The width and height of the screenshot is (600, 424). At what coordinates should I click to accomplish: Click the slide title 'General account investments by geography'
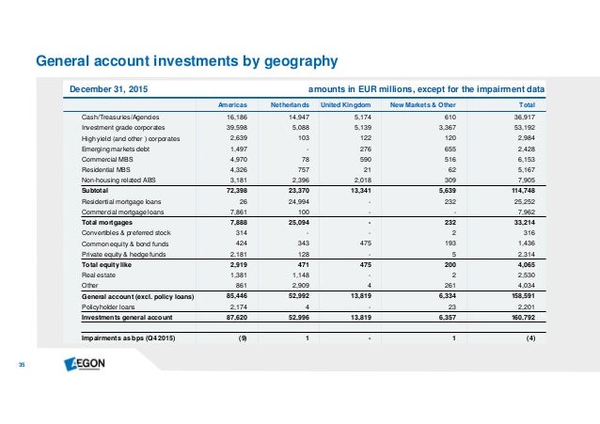pos(187,61)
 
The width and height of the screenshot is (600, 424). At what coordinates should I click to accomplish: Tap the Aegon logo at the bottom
pos(85,364)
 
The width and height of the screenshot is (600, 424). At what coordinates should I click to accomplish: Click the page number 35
pos(22,365)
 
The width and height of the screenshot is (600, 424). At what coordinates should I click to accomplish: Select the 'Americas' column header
pos(232,105)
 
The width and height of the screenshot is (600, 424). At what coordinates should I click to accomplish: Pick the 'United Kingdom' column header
pos(345,105)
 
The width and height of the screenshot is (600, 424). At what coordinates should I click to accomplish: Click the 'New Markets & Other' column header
pos(423,105)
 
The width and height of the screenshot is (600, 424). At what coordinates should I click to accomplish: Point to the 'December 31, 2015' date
pos(109,89)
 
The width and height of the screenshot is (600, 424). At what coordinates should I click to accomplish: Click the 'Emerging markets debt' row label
pos(115,149)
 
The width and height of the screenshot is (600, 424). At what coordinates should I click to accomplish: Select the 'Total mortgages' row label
pos(107,222)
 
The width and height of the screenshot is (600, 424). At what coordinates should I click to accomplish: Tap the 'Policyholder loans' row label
pos(108,306)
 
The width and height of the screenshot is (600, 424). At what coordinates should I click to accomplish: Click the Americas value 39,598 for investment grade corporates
pos(236,128)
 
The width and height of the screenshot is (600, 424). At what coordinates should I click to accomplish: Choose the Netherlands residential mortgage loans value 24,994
pos(298,202)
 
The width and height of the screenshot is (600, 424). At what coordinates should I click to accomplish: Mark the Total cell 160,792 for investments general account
pos(523,317)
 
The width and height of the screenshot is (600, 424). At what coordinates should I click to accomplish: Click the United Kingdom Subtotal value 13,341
pos(361,190)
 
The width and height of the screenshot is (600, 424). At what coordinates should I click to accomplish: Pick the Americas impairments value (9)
pos(243,338)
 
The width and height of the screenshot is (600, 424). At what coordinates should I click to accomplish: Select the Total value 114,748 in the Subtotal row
pos(523,190)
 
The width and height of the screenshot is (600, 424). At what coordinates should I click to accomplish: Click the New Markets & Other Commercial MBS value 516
pos(450,159)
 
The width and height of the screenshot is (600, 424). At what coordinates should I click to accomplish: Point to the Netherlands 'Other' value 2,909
pos(300,285)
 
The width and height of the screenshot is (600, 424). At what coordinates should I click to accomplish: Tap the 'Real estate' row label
pos(99,275)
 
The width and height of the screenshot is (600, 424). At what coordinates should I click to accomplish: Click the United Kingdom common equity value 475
pos(366,243)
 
